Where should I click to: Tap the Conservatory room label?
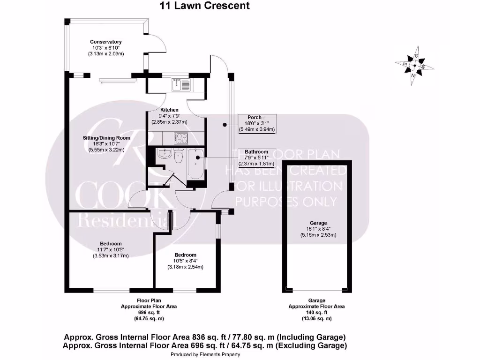pos(106,42)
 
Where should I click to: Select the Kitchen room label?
pos(169,110)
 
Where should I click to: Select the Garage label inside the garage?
pos(318,223)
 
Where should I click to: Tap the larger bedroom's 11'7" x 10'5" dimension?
pos(111,250)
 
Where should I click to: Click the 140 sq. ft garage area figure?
pos(316,312)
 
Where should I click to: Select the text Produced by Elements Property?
pos(205,355)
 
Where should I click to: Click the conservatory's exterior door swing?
pos(158,45)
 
